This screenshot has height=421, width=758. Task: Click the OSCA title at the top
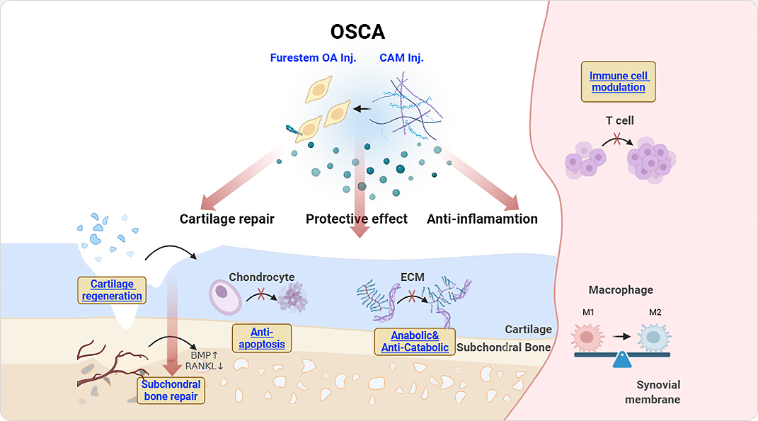(357, 33)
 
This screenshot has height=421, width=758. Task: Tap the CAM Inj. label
(401, 58)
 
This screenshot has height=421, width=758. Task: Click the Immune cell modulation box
(618, 81)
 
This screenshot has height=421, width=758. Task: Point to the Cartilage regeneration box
(112, 290)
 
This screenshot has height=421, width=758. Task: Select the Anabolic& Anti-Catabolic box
(414, 341)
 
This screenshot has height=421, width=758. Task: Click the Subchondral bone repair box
(171, 390)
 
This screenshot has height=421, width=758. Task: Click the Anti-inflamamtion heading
(482, 219)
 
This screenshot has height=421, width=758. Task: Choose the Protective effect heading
(357, 219)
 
